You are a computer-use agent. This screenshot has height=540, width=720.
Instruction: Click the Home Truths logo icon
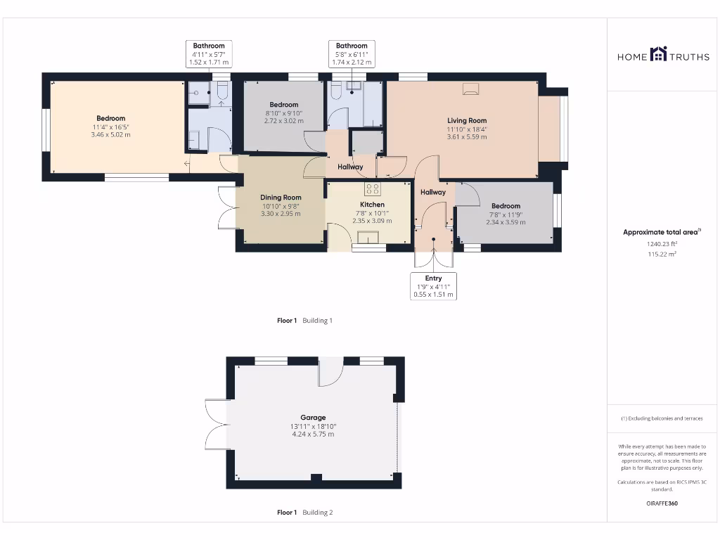[658, 54]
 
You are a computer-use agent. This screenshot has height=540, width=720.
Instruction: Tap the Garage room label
[313, 418]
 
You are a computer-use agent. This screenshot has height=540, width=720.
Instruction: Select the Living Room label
[467, 120]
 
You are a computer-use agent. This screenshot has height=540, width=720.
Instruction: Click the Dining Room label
[281, 198]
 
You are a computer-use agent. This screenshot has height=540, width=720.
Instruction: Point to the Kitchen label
[372, 205]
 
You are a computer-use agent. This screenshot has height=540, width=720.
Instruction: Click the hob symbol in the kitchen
[373, 188]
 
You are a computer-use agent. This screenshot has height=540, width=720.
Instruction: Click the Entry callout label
[433, 278]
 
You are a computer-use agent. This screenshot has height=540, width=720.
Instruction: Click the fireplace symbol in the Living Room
[470, 89]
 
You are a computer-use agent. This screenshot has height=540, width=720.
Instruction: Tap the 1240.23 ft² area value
[662, 244]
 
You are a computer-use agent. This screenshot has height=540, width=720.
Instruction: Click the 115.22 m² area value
[662, 255]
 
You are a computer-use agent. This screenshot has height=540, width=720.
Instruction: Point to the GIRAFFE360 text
[662, 503]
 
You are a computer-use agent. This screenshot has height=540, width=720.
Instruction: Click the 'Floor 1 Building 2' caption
[304, 513]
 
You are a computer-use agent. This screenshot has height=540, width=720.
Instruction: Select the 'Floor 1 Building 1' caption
[304, 321]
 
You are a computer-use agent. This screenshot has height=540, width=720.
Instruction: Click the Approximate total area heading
[661, 232]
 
